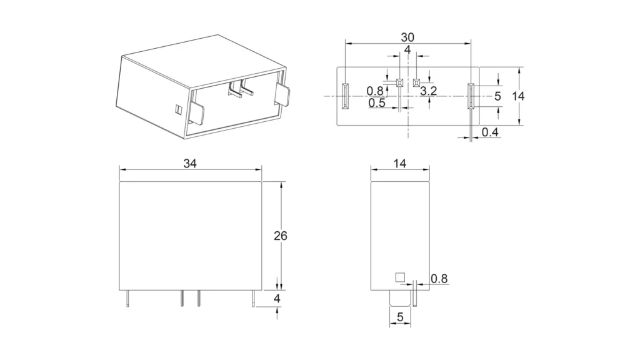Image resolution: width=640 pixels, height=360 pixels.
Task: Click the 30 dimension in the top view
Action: [407, 37]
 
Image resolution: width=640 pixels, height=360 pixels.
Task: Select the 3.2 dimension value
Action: [429, 91]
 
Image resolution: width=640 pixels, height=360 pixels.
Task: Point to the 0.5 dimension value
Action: [377, 103]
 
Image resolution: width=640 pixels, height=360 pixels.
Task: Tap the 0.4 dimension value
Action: [491, 132]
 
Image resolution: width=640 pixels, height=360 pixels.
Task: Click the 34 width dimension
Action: [191, 163]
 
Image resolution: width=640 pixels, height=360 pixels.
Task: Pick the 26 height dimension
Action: [281, 236]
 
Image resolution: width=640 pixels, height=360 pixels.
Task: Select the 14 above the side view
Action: [400, 163]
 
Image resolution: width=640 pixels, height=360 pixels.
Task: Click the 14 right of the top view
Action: [517, 96]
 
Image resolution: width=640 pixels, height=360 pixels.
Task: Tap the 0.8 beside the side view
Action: [439, 279]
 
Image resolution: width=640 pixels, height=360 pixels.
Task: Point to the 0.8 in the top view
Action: [375, 91]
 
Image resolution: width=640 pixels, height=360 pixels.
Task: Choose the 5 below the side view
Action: [400, 317]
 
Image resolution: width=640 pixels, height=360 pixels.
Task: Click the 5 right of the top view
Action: [497, 96]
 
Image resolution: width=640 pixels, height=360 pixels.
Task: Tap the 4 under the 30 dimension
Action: [407, 49]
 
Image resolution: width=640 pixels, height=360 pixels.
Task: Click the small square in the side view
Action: [399, 277]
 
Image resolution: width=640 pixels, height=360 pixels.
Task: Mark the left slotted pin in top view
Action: [344, 96]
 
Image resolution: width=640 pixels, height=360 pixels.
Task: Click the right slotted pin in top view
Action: [471, 96]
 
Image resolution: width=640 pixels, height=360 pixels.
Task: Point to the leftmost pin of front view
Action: [127, 299]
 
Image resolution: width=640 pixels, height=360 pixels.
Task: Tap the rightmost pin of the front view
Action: [253, 299]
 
